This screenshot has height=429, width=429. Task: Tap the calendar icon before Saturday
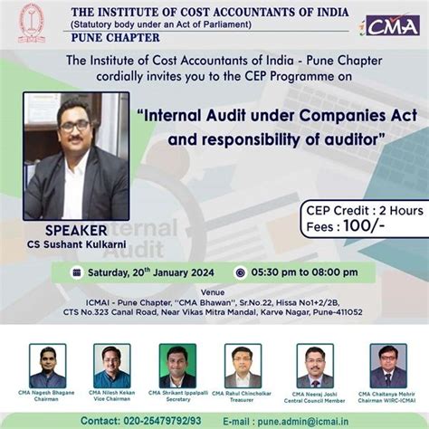click(x=78, y=272)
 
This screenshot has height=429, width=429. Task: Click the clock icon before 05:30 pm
click(x=241, y=272)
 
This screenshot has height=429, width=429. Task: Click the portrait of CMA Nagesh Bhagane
click(x=47, y=366)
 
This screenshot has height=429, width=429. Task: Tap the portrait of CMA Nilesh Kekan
click(x=110, y=366)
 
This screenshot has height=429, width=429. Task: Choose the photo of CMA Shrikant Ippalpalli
click(x=177, y=366)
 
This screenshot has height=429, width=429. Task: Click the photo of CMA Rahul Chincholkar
click(x=243, y=366)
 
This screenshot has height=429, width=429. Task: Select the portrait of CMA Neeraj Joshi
click(x=315, y=366)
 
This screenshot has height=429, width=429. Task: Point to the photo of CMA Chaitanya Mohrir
click(x=387, y=366)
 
